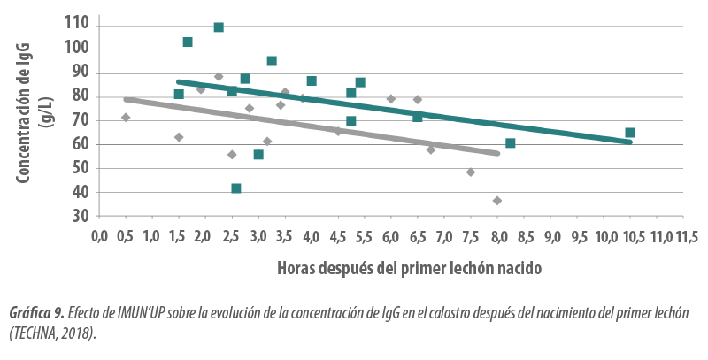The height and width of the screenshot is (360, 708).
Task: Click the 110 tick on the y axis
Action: pyautogui.click(x=78, y=26)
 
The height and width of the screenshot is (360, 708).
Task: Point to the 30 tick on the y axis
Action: pyautogui.click(x=80, y=217)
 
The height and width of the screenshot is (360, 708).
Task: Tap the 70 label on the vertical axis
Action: pyautogui.click(x=80, y=121)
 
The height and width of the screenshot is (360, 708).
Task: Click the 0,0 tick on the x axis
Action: pyautogui.click(x=99, y=236)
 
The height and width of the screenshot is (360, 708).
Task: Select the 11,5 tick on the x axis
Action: pyautogui.click(x=684, y=236)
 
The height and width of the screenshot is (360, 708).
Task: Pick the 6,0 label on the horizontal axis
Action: pyautogui.click(x=391, y=236)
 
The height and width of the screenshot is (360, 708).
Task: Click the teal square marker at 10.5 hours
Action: pyautogui.click(x=630, y=133)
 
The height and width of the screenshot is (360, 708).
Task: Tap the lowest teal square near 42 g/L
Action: pyautogui.click(x=236, y=188)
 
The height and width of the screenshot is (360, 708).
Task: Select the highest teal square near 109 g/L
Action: pyautogui.click(x=219, y=27)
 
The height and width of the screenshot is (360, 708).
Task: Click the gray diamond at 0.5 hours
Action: pyautogui.click(x=126, y=117)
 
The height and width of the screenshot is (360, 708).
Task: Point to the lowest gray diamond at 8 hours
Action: pyautogui.click(x=497, y=201)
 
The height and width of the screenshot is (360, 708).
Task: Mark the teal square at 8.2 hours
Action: pyautogui.click(x=511, y=143)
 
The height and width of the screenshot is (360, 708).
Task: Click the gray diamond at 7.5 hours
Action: pyautogui.click(x=471, y=172)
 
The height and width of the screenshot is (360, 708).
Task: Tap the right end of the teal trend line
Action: pyautogui.click(x=630, y=142)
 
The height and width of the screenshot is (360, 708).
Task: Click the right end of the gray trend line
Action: pyautogui.click(x=498, y=154)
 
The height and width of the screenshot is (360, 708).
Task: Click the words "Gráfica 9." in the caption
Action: pyautogui.click(x=35, y=314)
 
